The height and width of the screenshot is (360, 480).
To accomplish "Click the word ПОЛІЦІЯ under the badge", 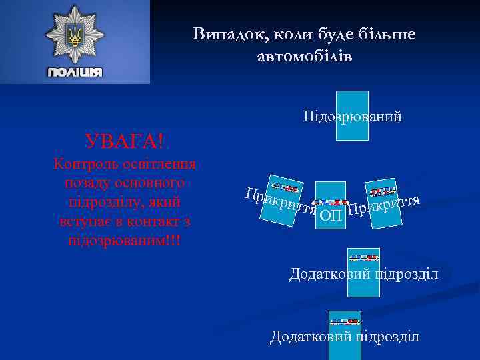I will [75, 72].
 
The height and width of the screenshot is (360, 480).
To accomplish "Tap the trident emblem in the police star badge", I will [75, 35].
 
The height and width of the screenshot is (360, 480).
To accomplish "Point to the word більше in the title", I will [384, 34].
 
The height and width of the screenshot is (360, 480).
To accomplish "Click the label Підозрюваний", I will [352, 117].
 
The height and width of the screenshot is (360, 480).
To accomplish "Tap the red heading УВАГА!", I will [125, 141].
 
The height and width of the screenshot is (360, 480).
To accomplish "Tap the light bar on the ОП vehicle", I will [331, 201].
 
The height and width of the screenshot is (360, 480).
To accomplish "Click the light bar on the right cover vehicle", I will [384, 192].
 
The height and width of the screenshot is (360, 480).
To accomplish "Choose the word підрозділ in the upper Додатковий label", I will [407, 274].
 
